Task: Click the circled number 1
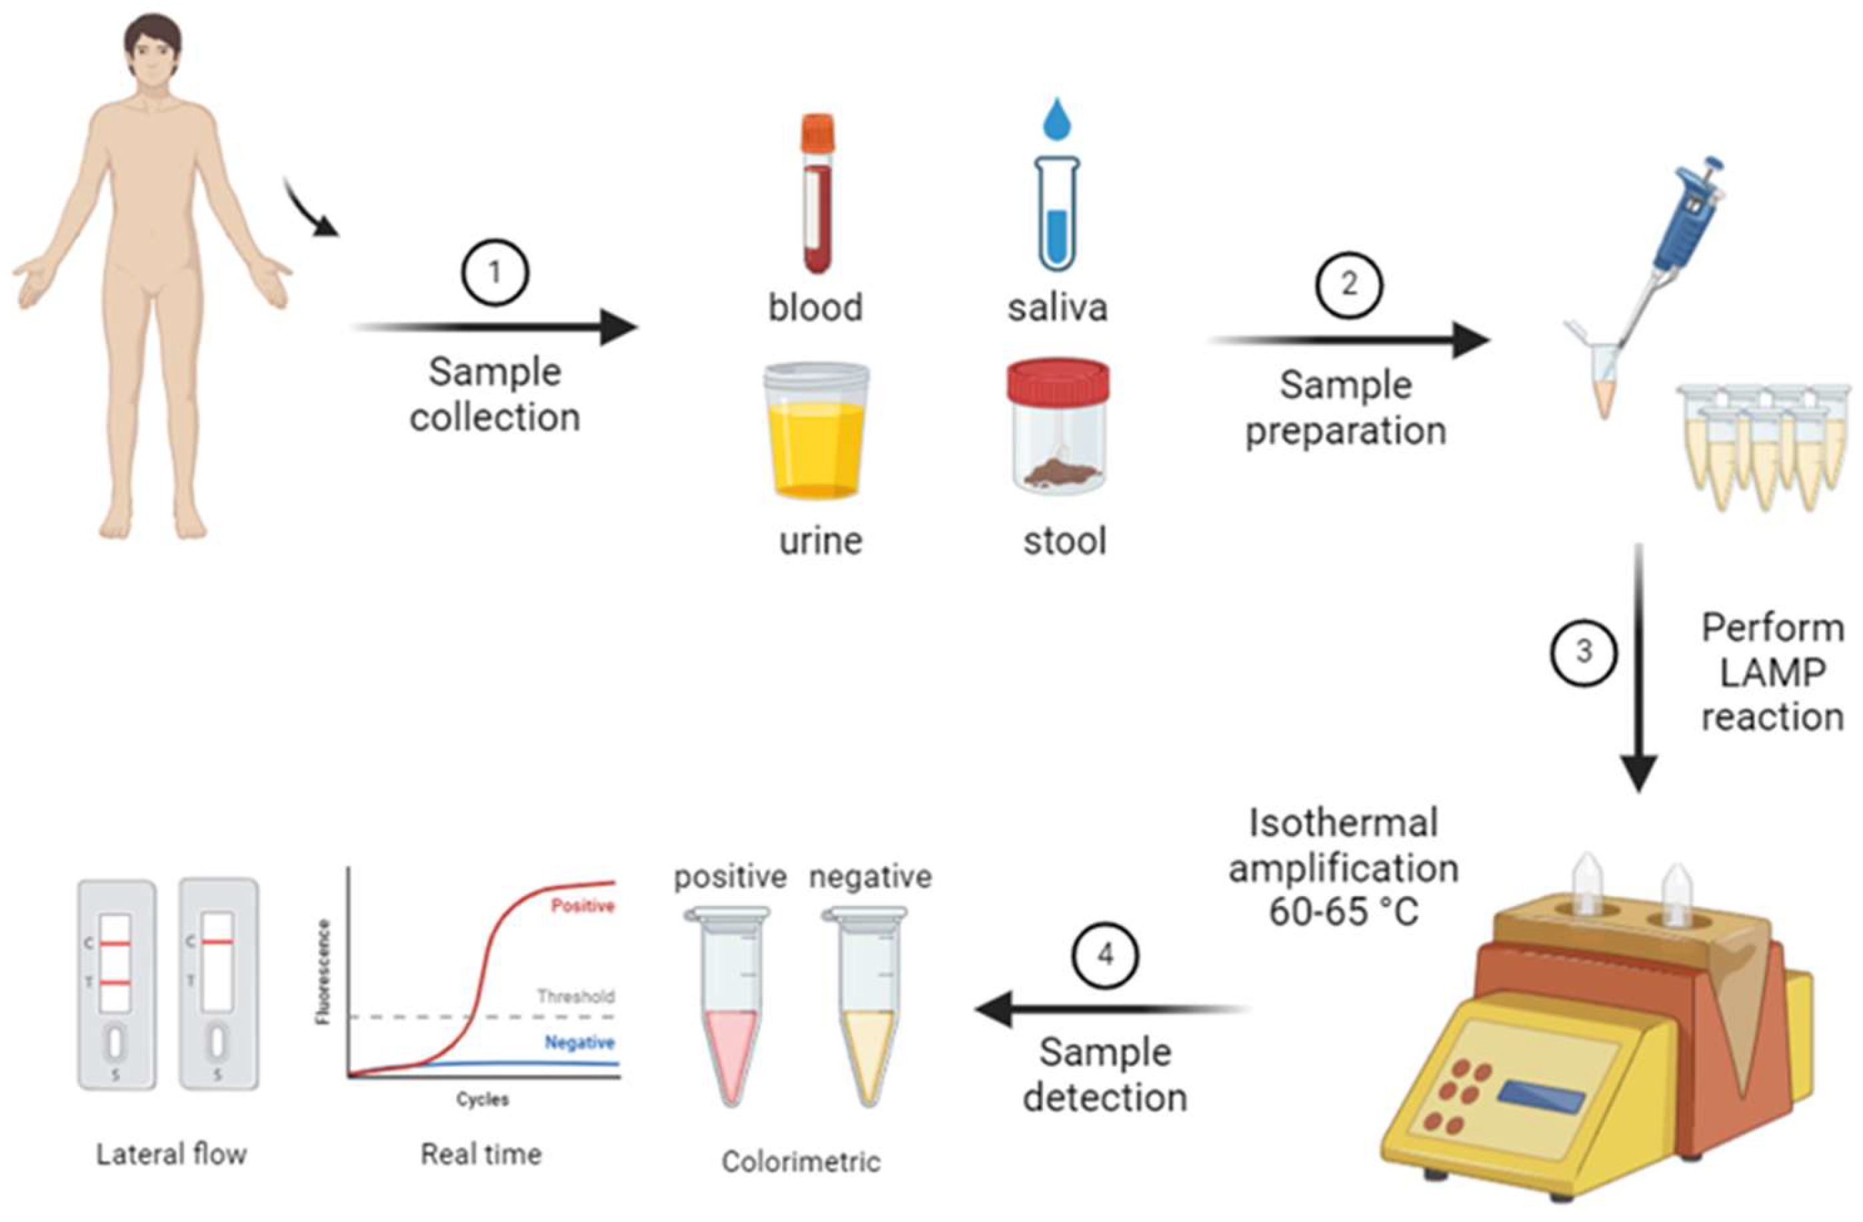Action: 494,273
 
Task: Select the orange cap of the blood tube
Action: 816,134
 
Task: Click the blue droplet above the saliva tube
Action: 1057,120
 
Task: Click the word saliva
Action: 1058,307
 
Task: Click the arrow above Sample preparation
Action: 1346,341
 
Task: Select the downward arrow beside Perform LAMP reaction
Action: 1638,665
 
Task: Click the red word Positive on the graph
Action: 582,906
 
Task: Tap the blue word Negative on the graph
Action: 579,1043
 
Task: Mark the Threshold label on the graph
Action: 575,997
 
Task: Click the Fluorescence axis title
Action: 323,971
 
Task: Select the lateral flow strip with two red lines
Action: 116,983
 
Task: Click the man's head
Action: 154,55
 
